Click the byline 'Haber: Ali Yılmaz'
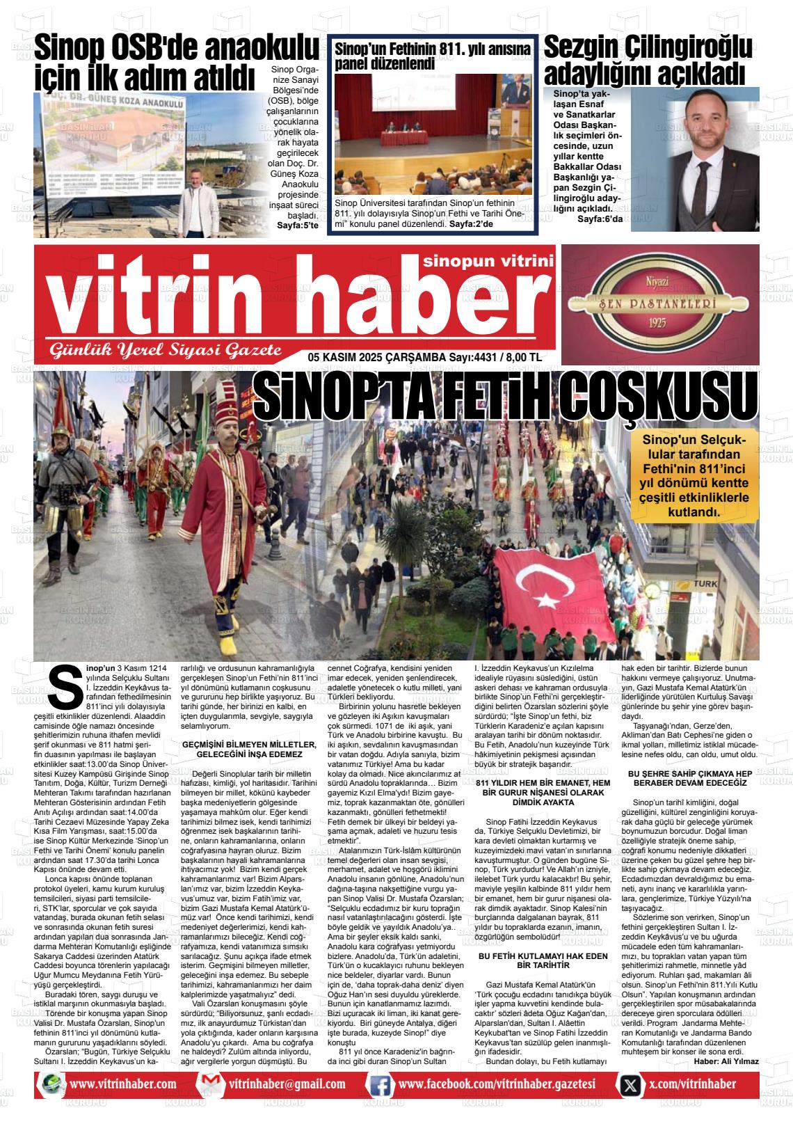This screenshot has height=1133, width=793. [x=726, y=1061]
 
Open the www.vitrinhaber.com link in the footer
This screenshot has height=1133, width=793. [x=122, y=1084]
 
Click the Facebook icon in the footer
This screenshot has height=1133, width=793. [x=380, y=1085]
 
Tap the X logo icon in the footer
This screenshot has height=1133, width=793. [x=630, y=1085]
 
